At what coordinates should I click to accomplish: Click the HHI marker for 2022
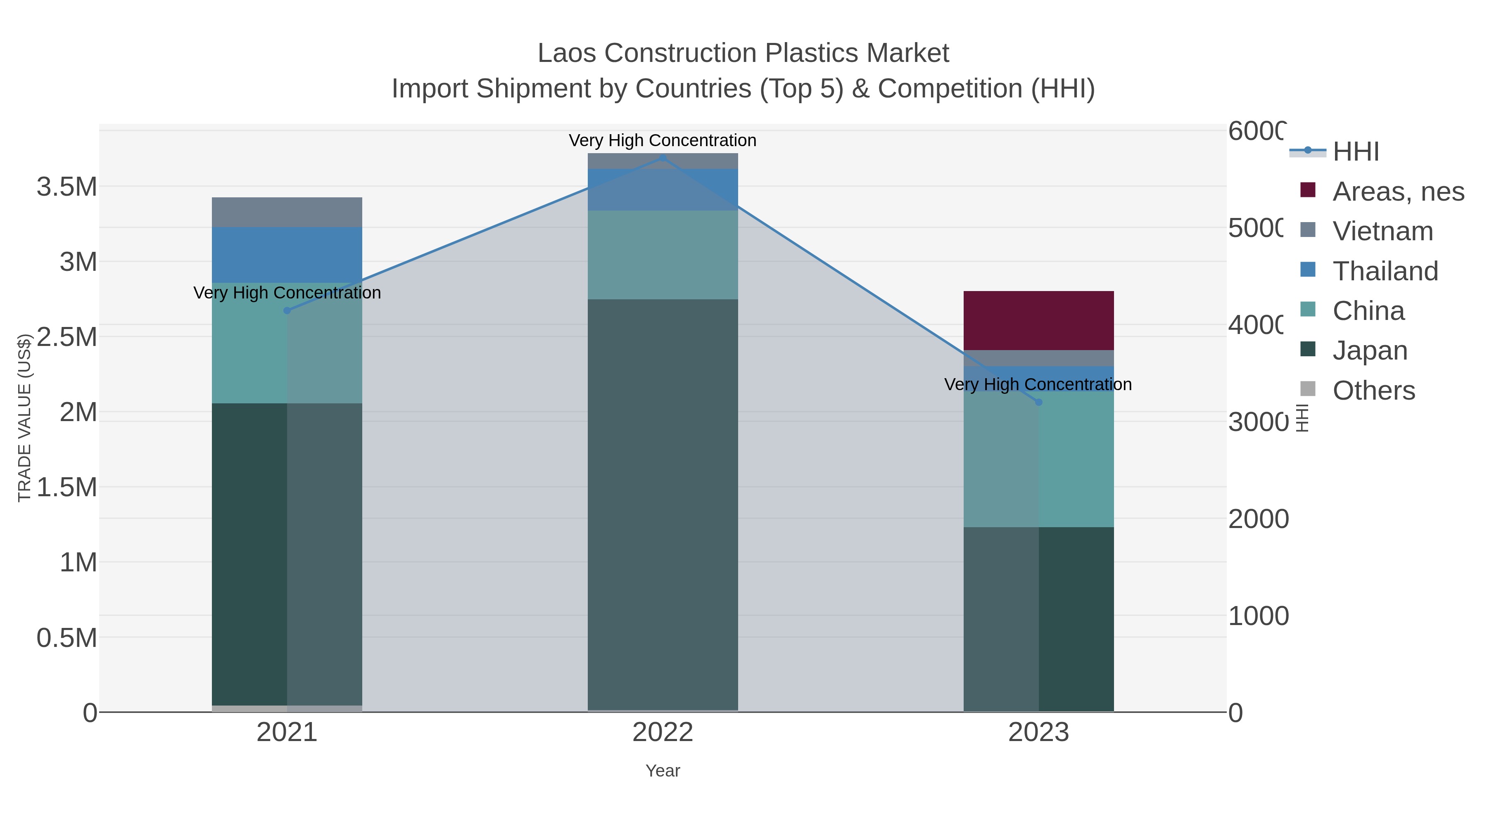663,158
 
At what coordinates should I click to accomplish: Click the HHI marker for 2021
287,310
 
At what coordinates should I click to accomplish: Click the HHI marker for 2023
1038,402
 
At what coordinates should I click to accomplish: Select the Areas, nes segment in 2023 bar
1038,320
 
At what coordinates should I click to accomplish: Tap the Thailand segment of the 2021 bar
287,254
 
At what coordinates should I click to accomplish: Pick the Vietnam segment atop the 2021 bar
287,212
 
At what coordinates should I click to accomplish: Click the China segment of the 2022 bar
663,254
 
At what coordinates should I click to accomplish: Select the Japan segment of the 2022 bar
663,505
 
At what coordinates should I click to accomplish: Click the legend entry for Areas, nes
1397,192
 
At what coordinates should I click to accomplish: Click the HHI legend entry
1355,152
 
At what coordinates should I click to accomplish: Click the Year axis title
663,771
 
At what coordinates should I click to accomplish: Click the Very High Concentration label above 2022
663,140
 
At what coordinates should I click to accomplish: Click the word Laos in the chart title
567,53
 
